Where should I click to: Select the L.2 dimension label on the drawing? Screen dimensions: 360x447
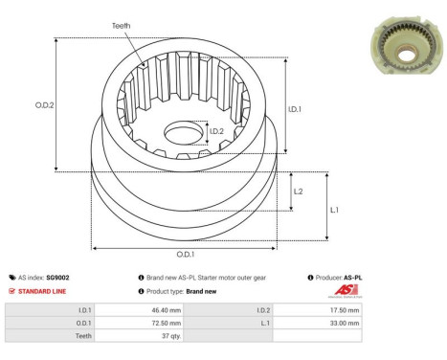coord(298,191)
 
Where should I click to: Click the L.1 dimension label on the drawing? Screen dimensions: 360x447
coord(334,209)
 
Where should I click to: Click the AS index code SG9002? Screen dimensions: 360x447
coord(57,277)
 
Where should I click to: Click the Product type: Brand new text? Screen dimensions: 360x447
coord(176,290)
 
